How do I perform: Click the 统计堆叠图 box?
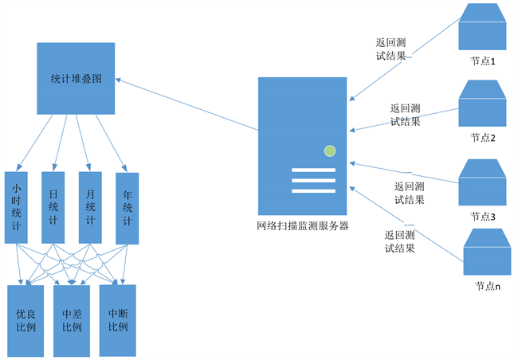coord(76,79)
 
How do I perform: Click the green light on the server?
coord(329,151)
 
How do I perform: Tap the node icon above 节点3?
coord(482,182)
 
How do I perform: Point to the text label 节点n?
coord(488,284)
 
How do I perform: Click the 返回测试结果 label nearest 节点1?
coord(394,49)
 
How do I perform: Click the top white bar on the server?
coord(313,169)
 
